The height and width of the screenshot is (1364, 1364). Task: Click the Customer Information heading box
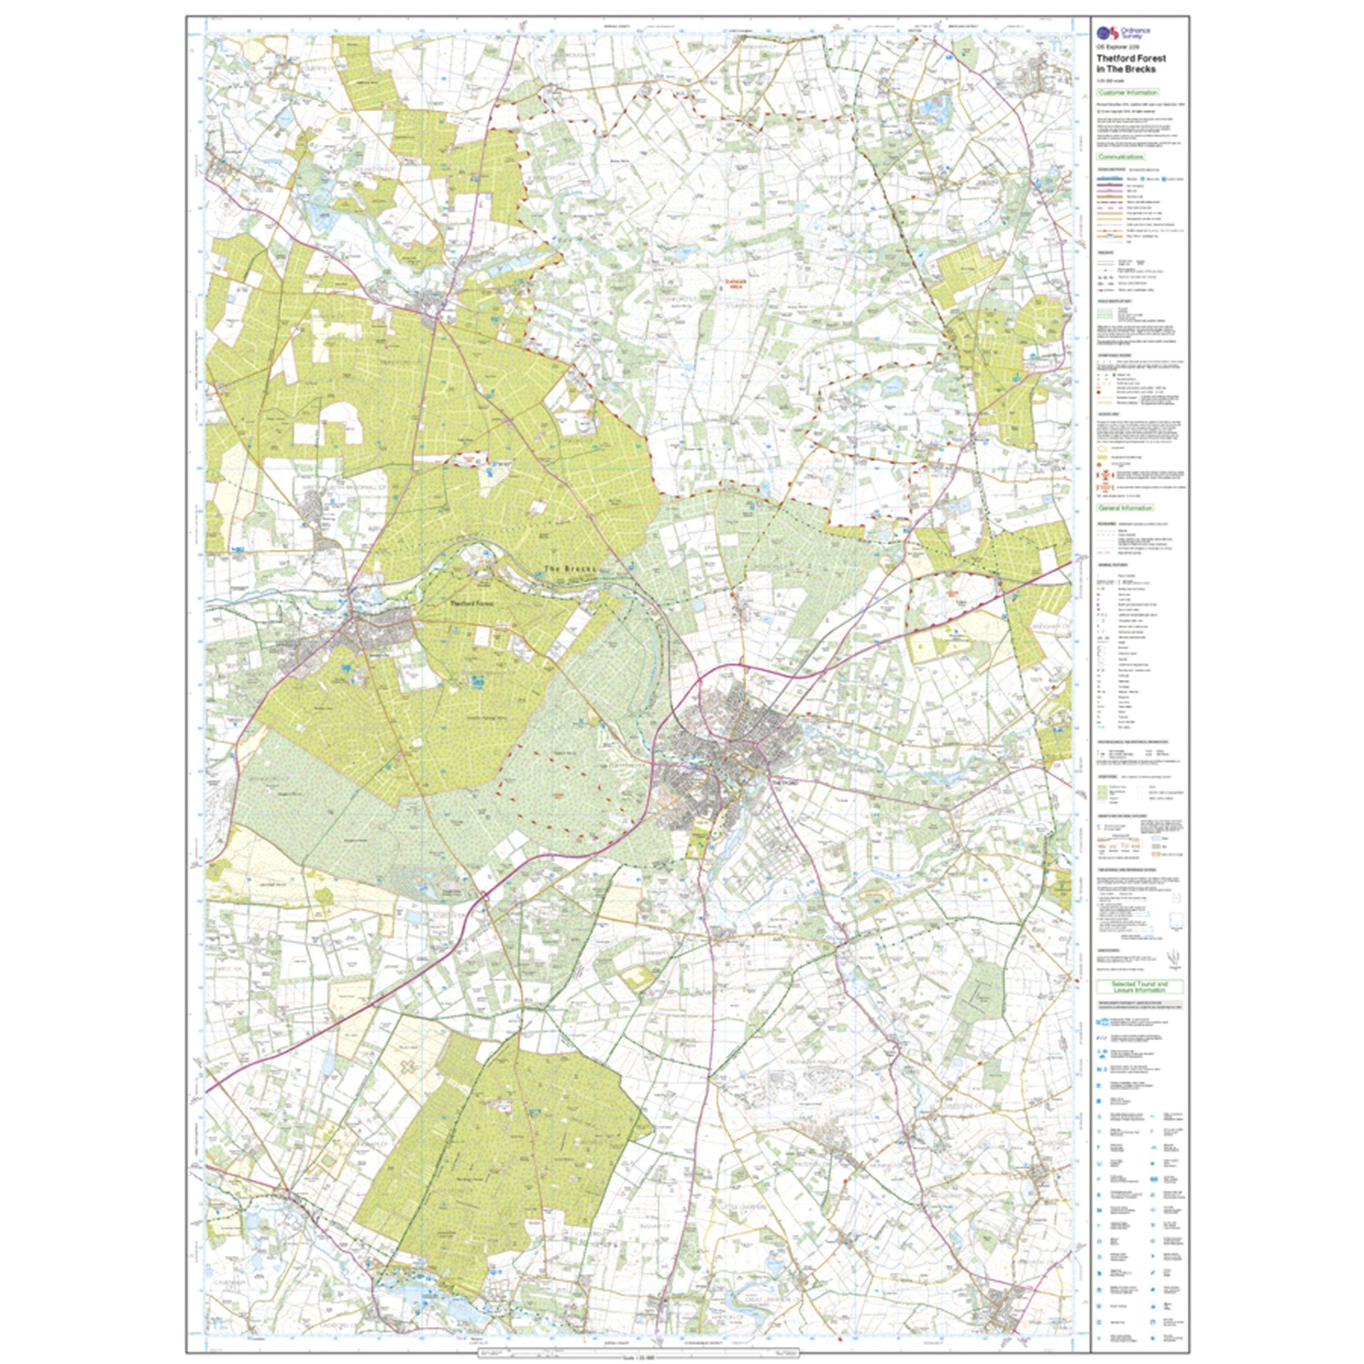[x=1128, y=92]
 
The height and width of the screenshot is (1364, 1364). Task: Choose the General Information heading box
[x=1125, y=507]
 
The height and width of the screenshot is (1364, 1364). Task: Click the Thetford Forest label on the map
[x=472, y=604]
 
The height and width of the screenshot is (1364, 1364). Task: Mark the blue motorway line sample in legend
[x=1109, y=179]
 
